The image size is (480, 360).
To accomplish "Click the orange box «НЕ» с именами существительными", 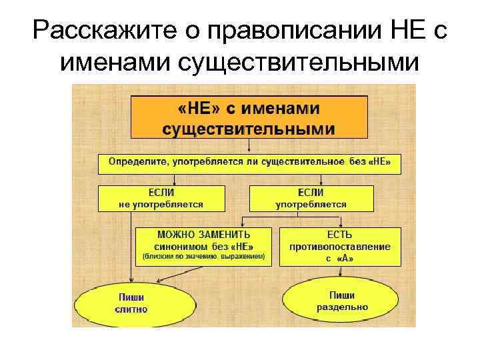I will [x=249, y=117].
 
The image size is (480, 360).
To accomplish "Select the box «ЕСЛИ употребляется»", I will [x=311, y=198].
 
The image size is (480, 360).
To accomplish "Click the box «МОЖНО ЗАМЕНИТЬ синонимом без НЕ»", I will [x=204, y=245].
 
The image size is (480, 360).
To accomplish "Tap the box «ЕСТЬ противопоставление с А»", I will [x=340, y=246].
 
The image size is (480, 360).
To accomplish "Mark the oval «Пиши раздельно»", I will [x=341, y=301].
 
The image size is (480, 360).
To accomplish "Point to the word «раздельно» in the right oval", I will [x=341, y=308].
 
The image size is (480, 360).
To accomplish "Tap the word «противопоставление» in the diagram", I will [x=340, y=247].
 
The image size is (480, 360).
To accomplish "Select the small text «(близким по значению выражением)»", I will [x=204, y=256].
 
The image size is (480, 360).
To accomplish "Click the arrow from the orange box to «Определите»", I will [x=249, y=146].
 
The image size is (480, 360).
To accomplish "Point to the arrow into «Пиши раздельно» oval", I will [x=341, y=271].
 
